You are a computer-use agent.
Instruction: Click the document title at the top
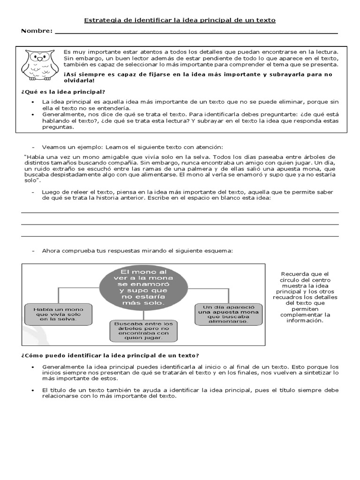(x=180, y=20)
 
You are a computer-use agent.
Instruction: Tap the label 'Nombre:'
(x=37, y=31)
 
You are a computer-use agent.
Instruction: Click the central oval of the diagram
(x=142, y=287)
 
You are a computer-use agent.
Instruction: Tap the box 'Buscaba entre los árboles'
(x=142, y=330)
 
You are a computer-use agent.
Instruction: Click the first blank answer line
(x=180, y=212)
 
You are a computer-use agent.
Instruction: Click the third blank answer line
(x=180, y=235)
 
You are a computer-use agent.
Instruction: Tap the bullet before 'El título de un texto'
(x=32, y=390)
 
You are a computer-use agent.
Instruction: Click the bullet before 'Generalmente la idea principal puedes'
(x=32, y=367)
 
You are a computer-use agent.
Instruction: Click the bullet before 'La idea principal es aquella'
(x=32, y=102)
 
